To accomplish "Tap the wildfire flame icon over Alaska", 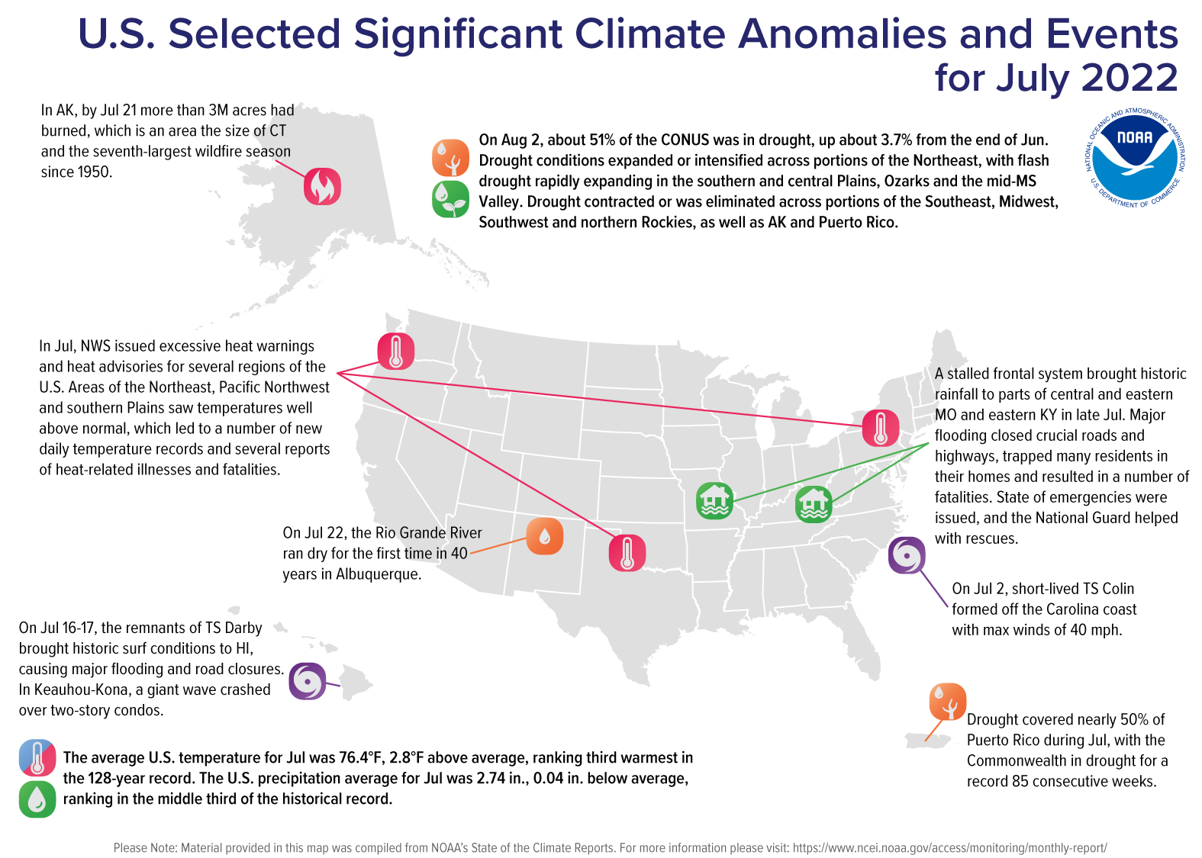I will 322,186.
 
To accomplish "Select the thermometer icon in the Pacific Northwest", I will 396,352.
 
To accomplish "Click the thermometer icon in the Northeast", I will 880,427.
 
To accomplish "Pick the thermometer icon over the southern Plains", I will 627,552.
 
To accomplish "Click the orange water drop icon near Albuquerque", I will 544,536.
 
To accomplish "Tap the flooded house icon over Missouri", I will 714,501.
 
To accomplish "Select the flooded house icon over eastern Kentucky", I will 814,504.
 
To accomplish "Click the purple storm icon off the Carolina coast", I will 907,554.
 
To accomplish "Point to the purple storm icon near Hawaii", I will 308,681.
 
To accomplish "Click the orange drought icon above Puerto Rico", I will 947,702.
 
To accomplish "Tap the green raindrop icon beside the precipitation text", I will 37,799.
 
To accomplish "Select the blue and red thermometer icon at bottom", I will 37,758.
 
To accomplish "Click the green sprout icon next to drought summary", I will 450,199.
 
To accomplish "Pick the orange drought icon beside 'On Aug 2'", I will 450,158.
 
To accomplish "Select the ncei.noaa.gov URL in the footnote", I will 949,847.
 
